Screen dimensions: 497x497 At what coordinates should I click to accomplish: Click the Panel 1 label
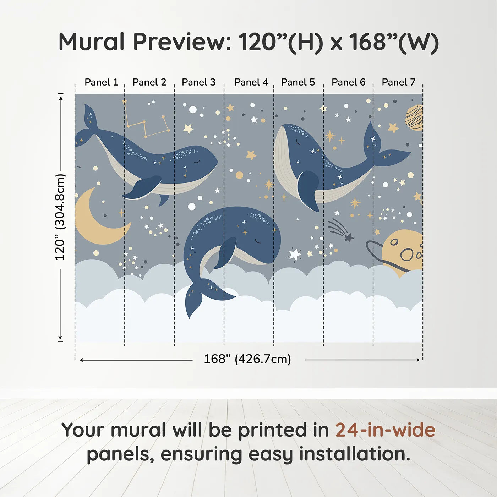tap(101, 82)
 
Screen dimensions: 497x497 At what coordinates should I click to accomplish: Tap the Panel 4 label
tap(251, 82)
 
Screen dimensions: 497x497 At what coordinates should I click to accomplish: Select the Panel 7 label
tap(398, 82)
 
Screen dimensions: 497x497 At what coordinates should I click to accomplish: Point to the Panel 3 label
tap(198, 82)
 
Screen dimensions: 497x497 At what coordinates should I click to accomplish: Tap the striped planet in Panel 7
tap(415, 118)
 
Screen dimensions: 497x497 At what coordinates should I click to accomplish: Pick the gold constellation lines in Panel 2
tap(146, 122)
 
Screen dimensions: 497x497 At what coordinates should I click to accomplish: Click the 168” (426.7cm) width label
tap(247, 359)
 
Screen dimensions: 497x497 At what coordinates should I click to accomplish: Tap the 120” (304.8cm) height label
tap(60, 217)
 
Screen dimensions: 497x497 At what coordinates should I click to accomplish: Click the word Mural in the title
tap(91, 42)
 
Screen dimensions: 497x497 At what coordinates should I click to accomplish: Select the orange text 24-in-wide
tap(385, 430)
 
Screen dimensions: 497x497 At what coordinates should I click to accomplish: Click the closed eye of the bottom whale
tap(258, 242)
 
